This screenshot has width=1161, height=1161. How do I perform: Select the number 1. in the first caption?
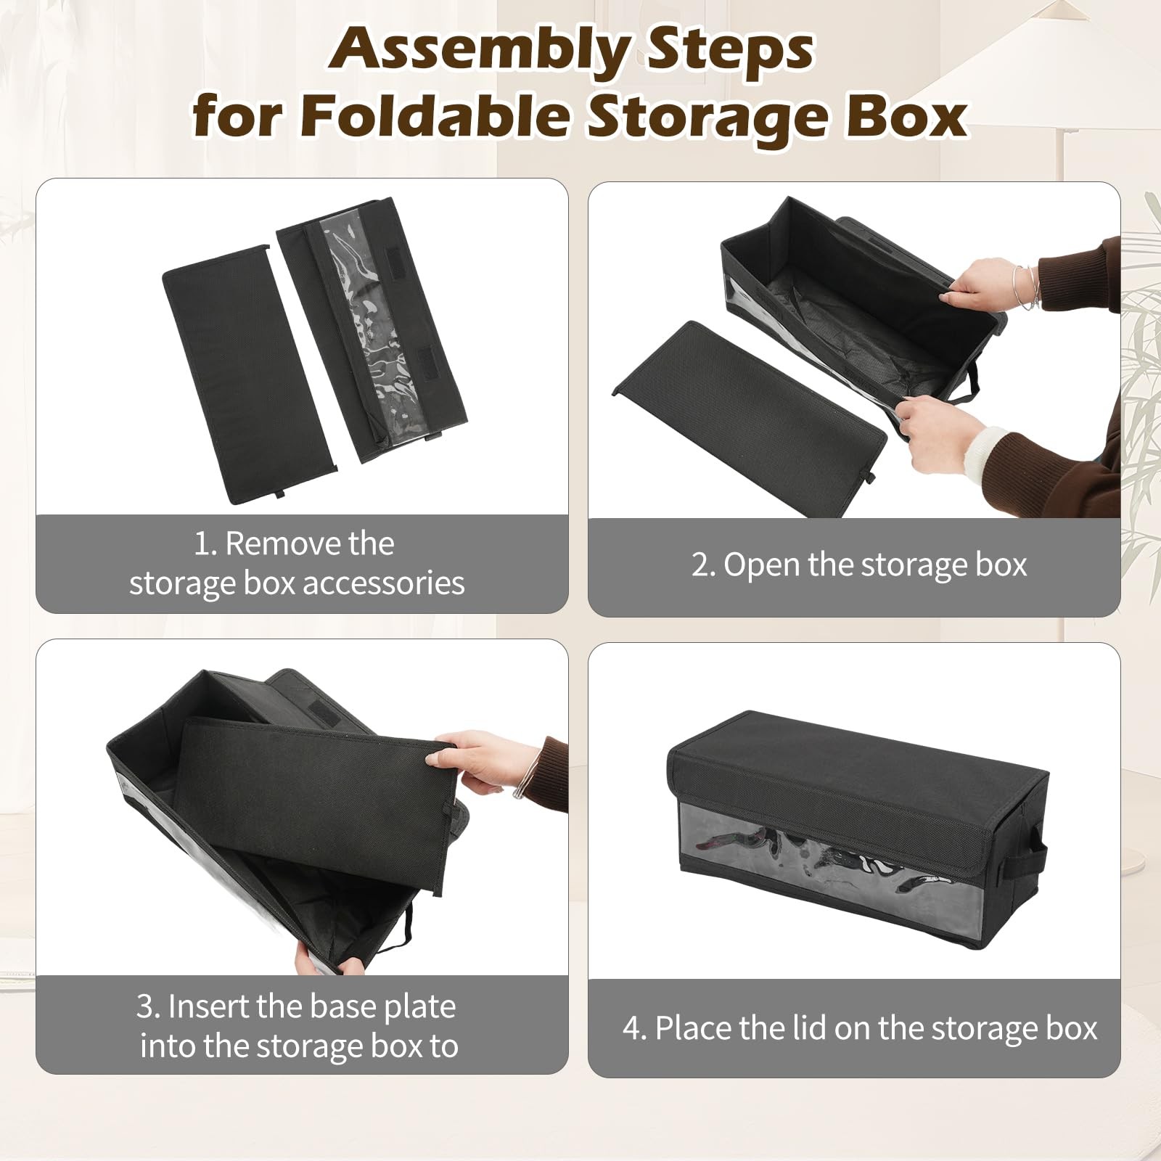(205, 544)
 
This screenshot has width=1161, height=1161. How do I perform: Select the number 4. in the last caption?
(635, 1029)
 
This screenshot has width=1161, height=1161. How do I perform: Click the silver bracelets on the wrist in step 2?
(1027, 287)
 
